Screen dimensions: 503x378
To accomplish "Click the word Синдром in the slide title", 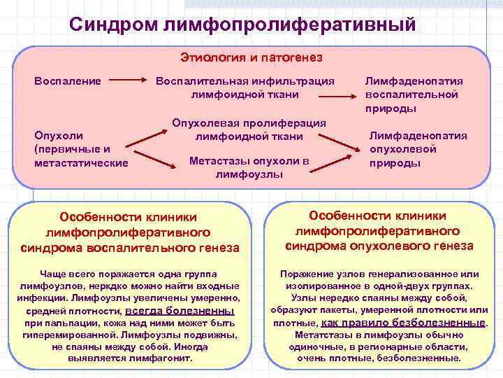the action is [x=112, y=24].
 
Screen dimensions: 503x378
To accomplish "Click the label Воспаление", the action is [x=68, y=80].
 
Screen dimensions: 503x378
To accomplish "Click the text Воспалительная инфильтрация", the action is [x=245, y=80].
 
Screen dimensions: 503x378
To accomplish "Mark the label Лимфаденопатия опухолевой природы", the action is [x=418, y=149].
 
